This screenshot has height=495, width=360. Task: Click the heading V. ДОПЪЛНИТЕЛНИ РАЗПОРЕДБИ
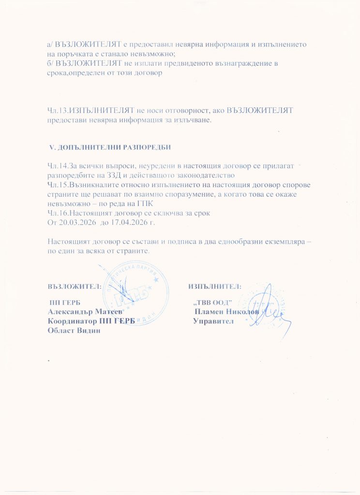tap(111, 146)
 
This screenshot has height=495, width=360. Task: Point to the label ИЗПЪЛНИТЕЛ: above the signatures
tap(215, 286)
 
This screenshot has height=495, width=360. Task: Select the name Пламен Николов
tap(225, 312)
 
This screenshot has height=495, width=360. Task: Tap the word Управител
tap(213, 321)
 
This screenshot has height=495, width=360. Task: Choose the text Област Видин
tap(73, 330)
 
